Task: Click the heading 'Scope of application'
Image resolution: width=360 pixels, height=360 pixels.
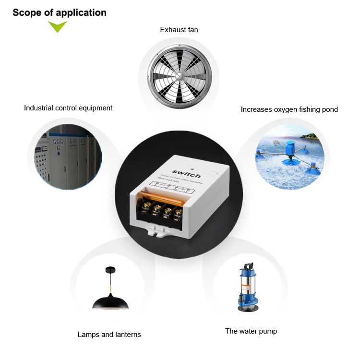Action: pyautogui.click(x=60, y=12)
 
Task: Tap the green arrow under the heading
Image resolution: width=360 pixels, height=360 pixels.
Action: pyautogui.click(x=58, y=27)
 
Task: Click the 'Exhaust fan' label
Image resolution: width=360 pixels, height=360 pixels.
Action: pyautogui.click(x=179, y=30)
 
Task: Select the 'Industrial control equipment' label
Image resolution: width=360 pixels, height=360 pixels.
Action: pyautogui.click(x=68, y=108)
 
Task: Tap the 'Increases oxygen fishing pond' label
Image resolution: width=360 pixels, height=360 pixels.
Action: pyautogui.click(x=289, y=109)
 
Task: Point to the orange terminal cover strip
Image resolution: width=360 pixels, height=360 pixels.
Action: pyautogui.click(x=163, y=196)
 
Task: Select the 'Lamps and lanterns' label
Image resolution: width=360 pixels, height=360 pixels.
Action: pyautogui.click(x=109, y=335)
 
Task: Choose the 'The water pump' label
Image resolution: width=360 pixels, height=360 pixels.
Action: pyautogui.click(x=251, y=331)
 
